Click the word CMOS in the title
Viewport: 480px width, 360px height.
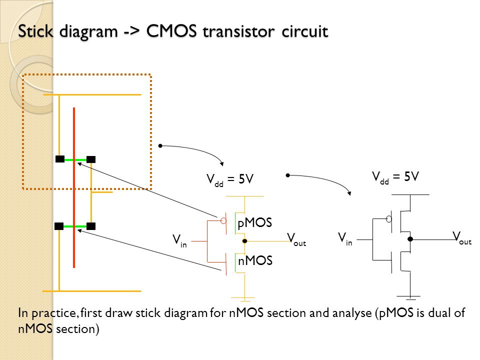(171, 31)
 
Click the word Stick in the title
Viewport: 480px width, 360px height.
(35, 31)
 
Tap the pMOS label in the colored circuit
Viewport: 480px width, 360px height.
(254, 223)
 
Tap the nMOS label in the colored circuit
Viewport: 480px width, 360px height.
(255, 260)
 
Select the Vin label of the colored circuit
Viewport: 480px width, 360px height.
(179, 240)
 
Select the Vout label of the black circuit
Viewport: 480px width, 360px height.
(462, 238)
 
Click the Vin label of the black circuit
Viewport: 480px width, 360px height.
(345, 239)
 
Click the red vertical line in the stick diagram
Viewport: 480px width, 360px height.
(74, 187)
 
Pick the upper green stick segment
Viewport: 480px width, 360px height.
(75, 160)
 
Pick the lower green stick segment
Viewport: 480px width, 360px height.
(75, 226)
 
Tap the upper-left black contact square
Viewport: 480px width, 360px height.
(60, 159)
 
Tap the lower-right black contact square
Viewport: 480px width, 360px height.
(91, 226)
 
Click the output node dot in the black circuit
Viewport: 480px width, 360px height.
(410, 239)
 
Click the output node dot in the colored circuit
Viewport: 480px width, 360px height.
(244, 241)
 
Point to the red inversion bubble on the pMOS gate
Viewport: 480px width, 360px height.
(223, 220)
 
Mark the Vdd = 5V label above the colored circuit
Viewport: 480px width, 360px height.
(230, 179)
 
